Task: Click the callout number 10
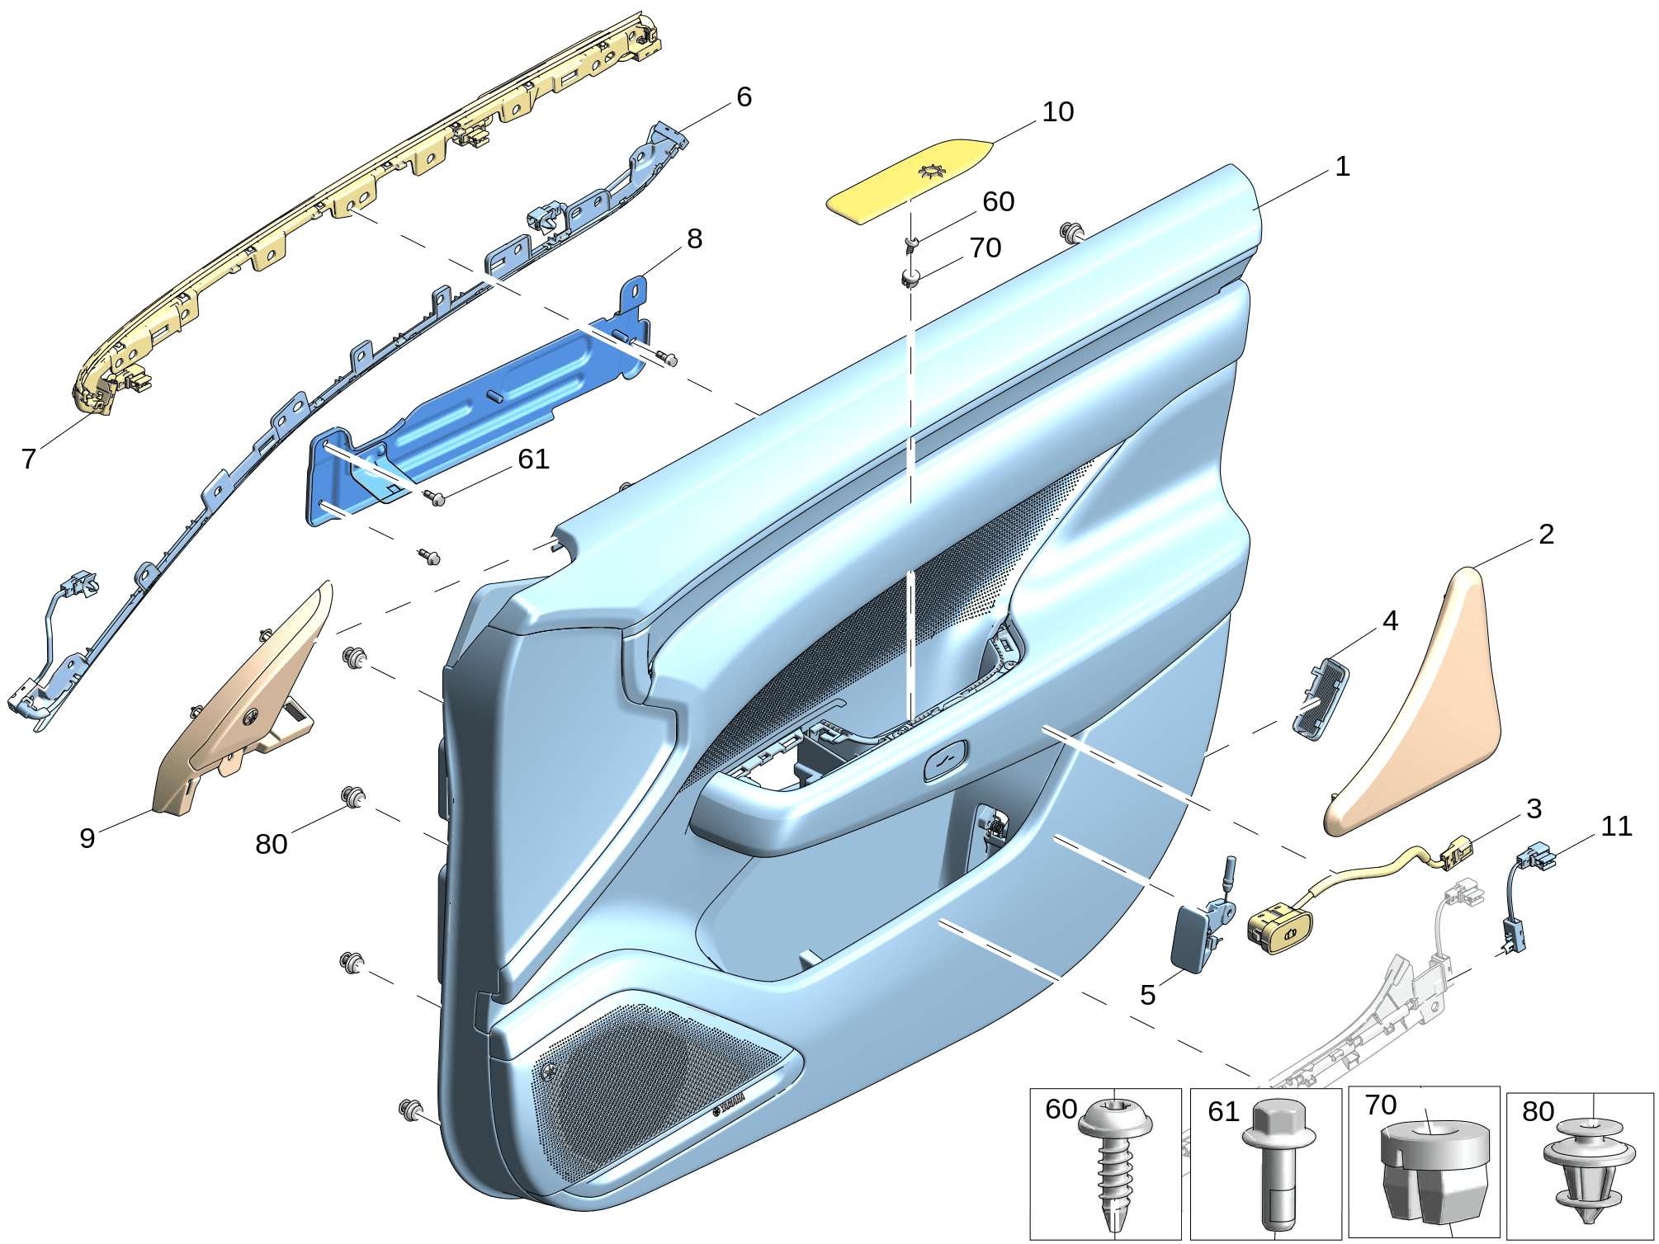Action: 1057,112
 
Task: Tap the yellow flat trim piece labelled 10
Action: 908,180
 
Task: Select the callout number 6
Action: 744,97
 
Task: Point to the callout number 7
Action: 29,459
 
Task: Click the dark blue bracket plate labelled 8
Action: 479,412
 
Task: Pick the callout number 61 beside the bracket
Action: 533,459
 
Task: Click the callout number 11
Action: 1616,827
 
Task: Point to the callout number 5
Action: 1147,995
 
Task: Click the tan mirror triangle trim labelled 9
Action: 239,709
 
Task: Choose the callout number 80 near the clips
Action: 271,844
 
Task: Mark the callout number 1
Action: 1343,167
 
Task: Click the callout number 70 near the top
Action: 985,247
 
